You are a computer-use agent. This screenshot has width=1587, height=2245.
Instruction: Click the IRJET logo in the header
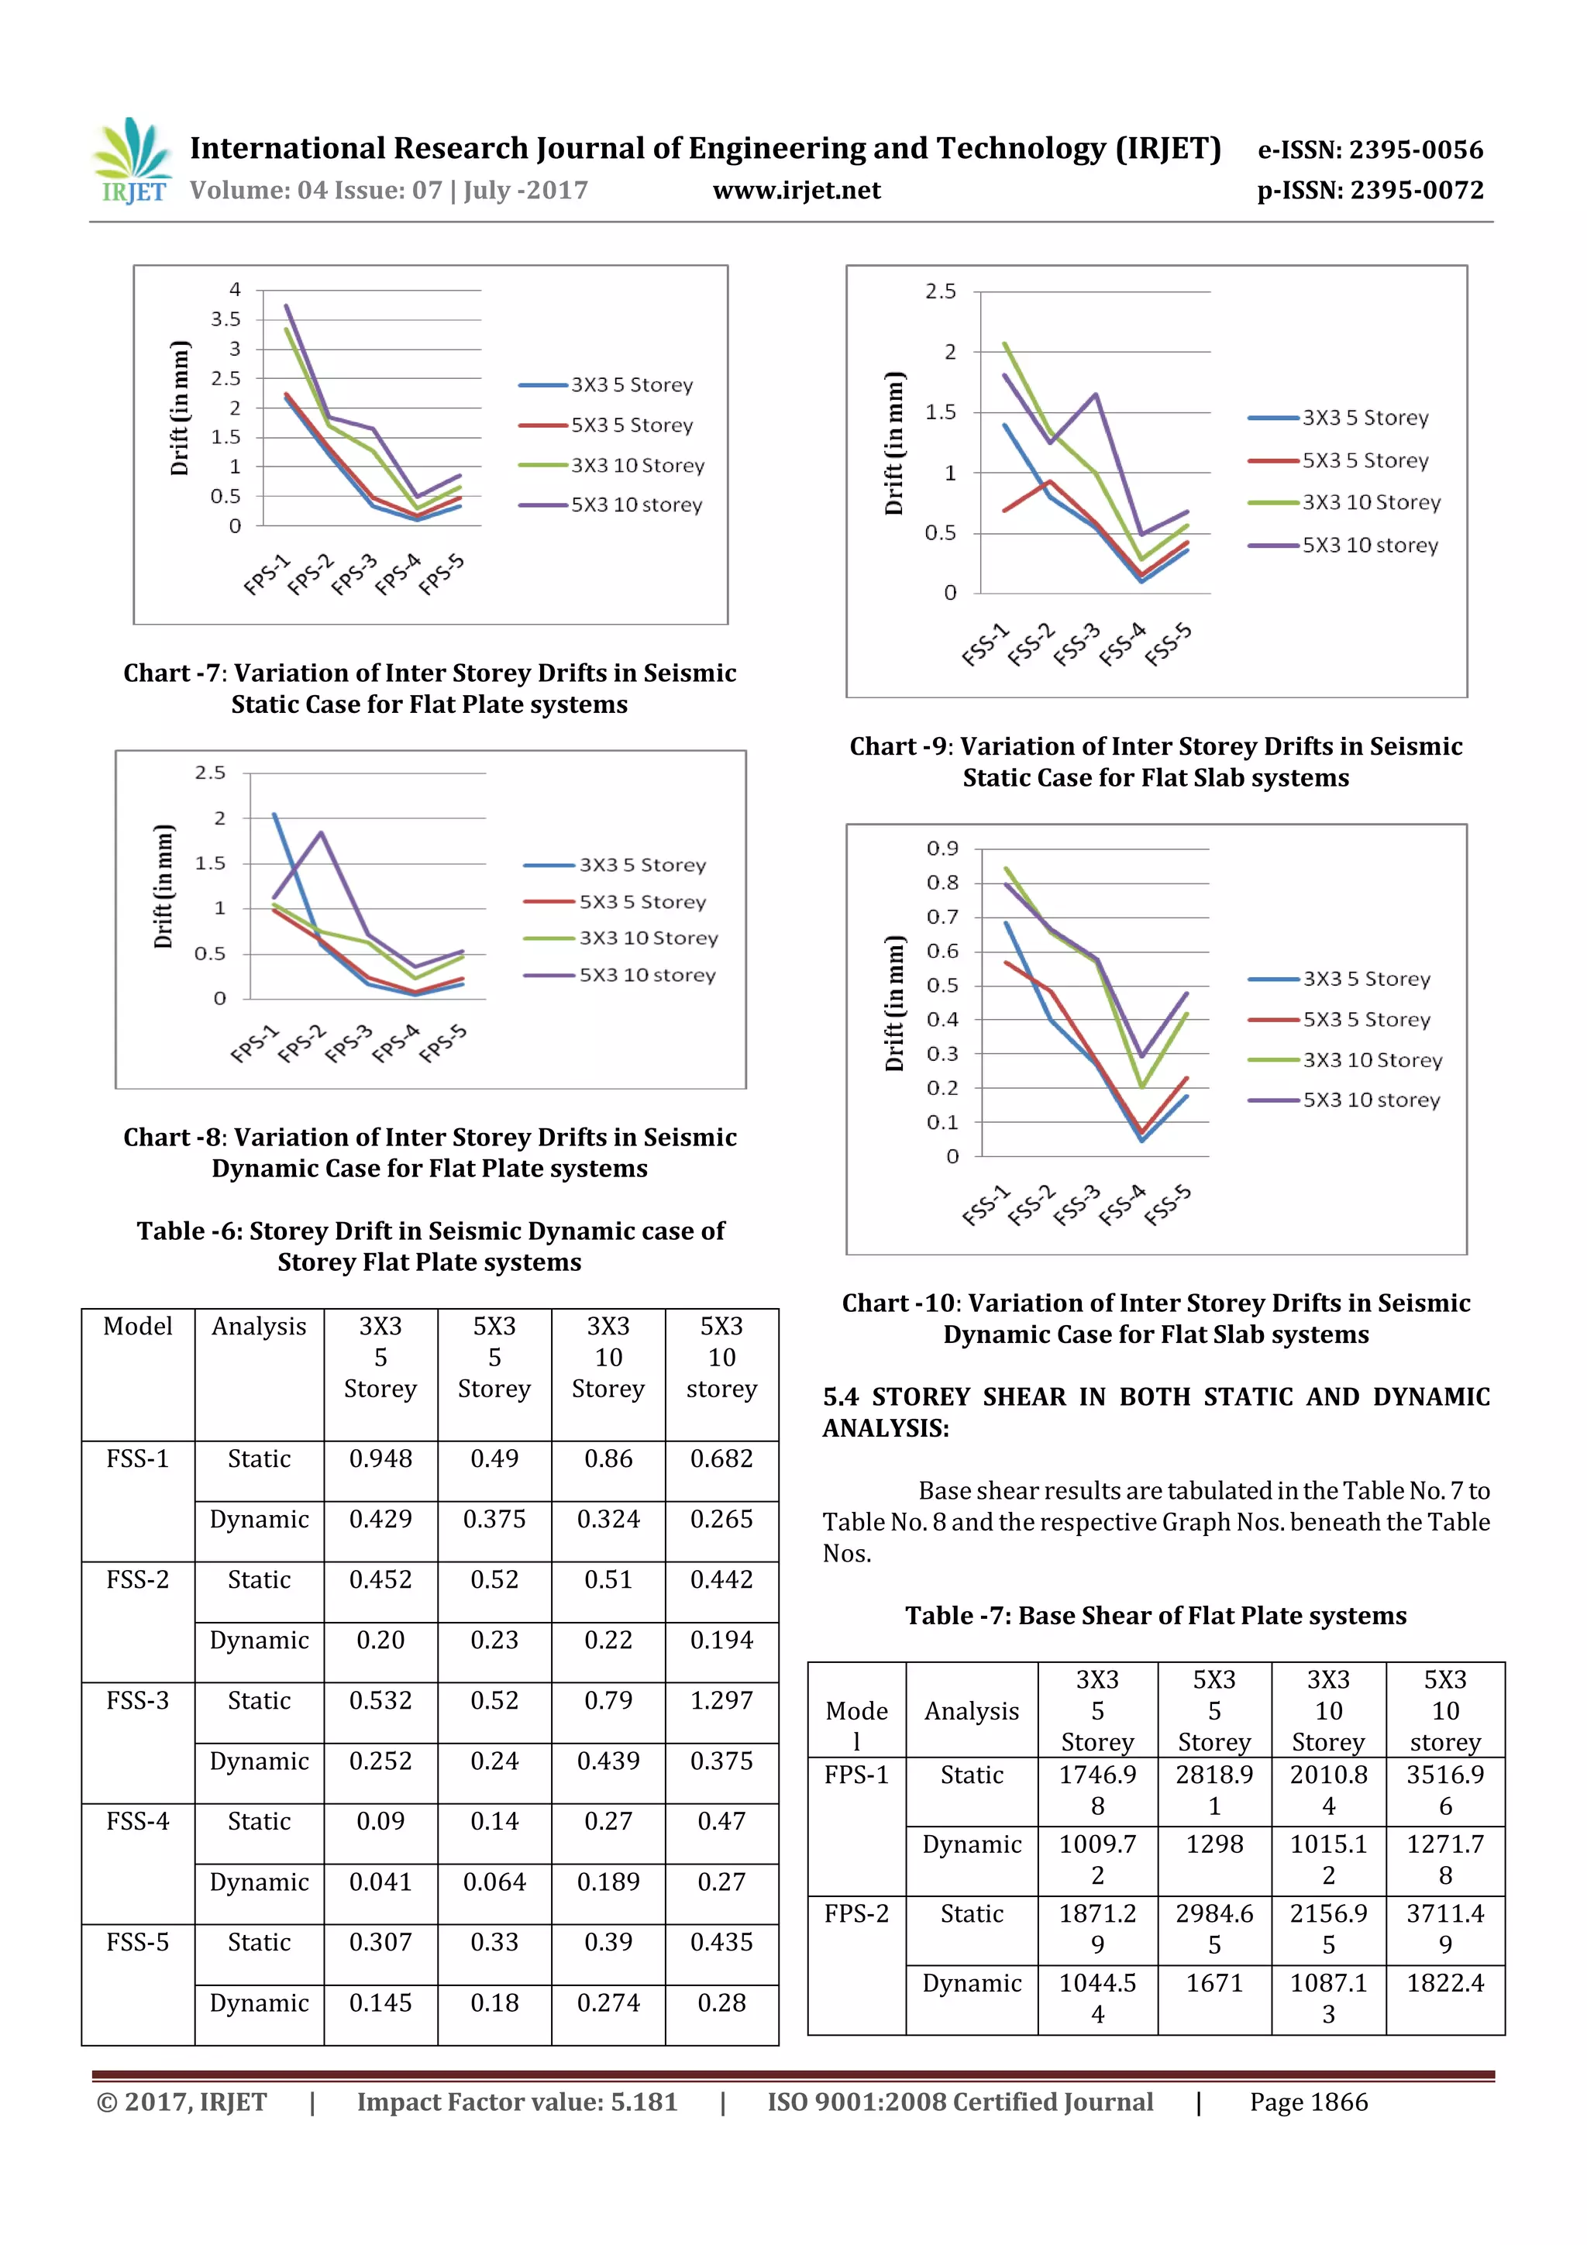tap(132, 162)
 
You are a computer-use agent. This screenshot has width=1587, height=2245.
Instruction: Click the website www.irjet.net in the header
tap(796, 190)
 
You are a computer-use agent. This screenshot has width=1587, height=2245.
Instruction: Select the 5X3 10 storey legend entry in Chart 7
tap(635, 505)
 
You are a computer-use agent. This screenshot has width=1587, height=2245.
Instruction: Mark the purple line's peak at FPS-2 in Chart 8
tap(321, 833)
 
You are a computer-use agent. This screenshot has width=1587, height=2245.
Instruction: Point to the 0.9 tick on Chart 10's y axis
tap(942, 849)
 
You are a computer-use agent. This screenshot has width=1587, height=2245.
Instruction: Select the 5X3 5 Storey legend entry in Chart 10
tap(1366, 1020)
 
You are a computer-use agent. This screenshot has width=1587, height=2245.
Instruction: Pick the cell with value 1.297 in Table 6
tap(721, 1700)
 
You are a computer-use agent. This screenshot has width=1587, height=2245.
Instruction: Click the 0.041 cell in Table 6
tap(380, 1882)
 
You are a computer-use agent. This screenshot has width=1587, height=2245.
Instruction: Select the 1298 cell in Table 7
tap(1213, 1844)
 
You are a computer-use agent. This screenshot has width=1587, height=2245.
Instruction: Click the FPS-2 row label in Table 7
tap(855, 1913)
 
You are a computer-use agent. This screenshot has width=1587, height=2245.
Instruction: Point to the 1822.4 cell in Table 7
tap(1444, 1983)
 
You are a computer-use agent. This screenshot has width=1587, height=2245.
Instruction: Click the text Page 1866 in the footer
tap(1307, 2102)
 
